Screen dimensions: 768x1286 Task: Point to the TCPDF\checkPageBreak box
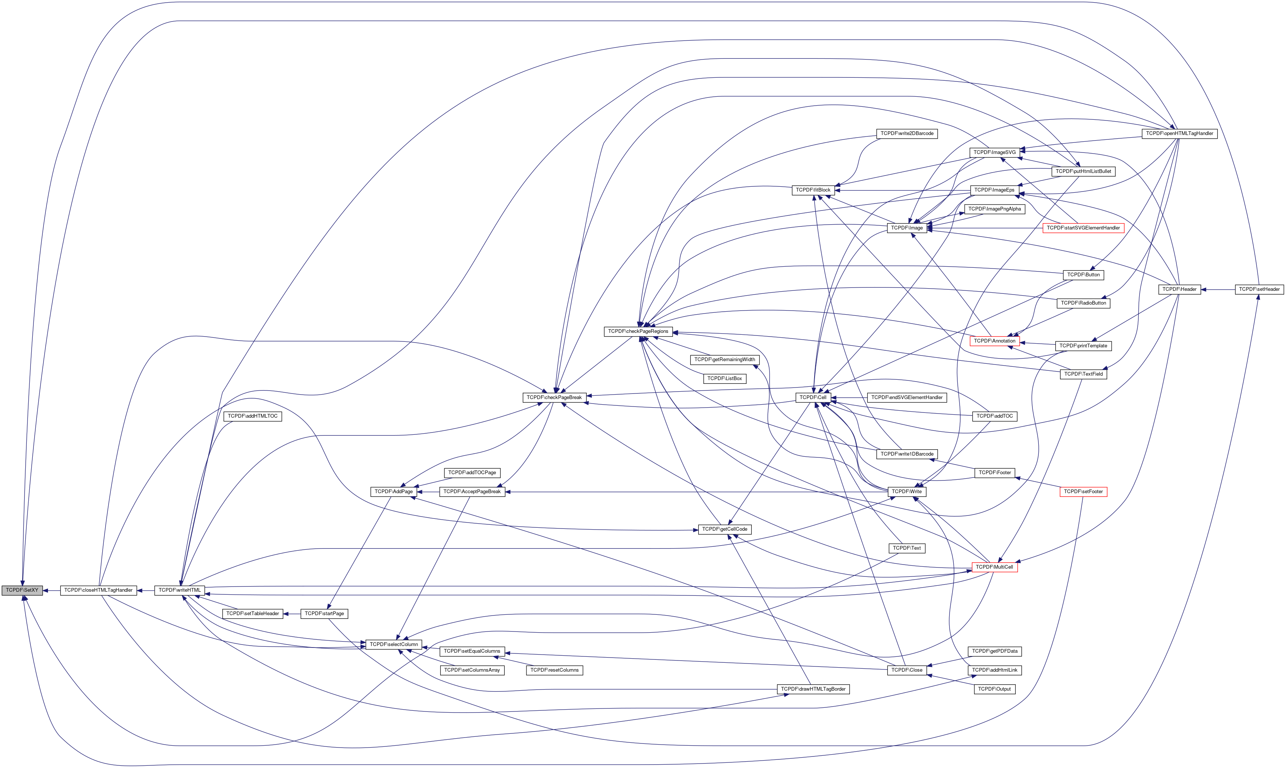pos(554,398)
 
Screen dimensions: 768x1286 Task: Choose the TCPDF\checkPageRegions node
pos(638,332)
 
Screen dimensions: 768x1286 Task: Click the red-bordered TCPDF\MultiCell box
pos(994,568)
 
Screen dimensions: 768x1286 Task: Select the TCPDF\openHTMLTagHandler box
pos(1179,134)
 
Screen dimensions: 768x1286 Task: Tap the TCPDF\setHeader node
pos(1259,290)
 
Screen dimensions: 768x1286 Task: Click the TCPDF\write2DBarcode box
pos(907,134)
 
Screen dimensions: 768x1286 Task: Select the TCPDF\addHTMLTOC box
pos(252,417)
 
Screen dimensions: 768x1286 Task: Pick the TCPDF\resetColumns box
pos(554,671)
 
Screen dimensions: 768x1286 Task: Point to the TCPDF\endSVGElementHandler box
pos(907,398)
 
